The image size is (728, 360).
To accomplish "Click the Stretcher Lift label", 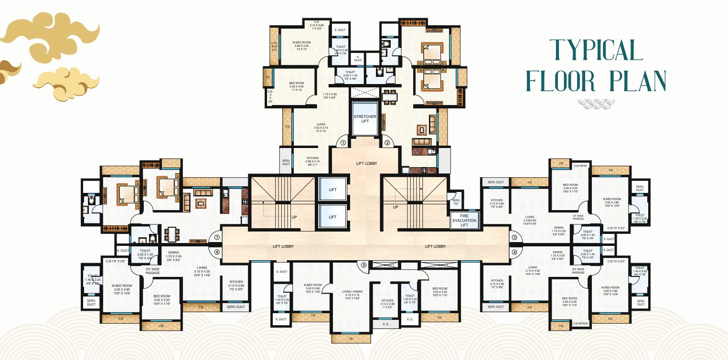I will pyautogui.click(x=365, y=118).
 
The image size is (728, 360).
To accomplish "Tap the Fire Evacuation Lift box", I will pyautogui.click(x=464, y=221).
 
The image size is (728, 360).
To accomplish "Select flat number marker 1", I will pyautogui.click(x=343, y=142).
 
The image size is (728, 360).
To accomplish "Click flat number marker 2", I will pyautogui.click(x=387, y=142).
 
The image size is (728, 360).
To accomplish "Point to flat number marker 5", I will pyautogui.click(x=364, y=265).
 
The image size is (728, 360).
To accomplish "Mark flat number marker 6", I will pyautogui.click(x=216, y=252).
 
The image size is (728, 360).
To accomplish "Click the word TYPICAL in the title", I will pyautogui.click(x=596, y=50).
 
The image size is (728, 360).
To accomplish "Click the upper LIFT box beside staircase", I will pyautogui.click(x=333, y=190).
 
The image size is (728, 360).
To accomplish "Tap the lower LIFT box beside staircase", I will pyautogui.click(x=333, y=217).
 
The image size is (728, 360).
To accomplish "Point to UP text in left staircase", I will pyautogui.click(x=294, y=217).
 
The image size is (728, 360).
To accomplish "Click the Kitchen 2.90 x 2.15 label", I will pyautogui.click(x=312, y=161).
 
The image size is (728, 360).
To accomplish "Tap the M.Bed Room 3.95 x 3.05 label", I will pyautogui.click(x=302, y=45).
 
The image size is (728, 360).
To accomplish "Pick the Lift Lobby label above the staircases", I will pyautogui.click(x=366, y=163).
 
